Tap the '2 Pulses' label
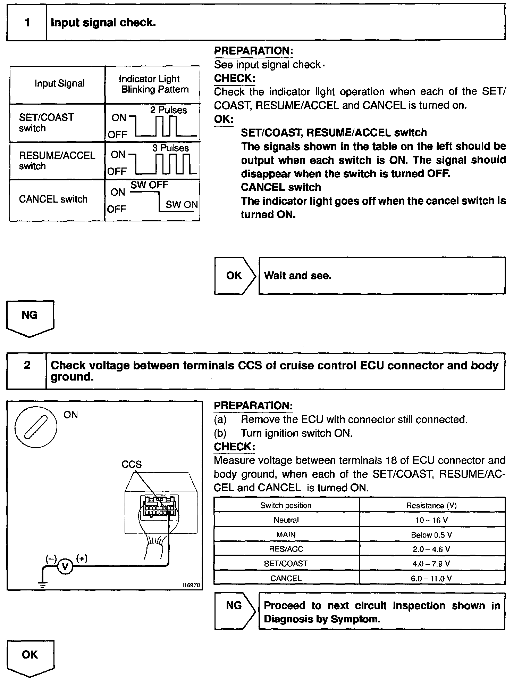pyautogui.click(x=168, y=110)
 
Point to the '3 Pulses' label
pyautogui.click(x=170, y=148)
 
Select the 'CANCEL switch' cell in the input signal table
pyautogui.click(x=53, y=199)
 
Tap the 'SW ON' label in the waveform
pyautogui.click(x=182, y=205)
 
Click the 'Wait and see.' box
pyautogui.click(x=382, y=276)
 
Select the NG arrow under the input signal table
pyautogui.click(x=30, y=317)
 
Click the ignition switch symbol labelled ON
pyautogui.click(x=36, y=426)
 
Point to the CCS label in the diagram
pyautogui.click(x=132, y=465)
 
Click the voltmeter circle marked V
pyautogui.click(x=65, y=567)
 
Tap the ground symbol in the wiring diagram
pyautogui.click(x=42, y=585)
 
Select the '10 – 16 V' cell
pyautogui.click(x=432, y=520)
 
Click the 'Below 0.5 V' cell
pyautogui.click(x=432, y=535)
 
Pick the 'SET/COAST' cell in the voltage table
pyautogui.click(x=286, y=564)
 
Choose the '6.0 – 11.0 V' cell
pyautogui.click(x=432, y=578)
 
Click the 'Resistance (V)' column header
pyautogui.click(x=432, y=506)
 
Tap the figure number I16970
pyautogui.click(x=191, y=585)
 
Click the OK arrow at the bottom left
pyautogui.click(x=30, y=657)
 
